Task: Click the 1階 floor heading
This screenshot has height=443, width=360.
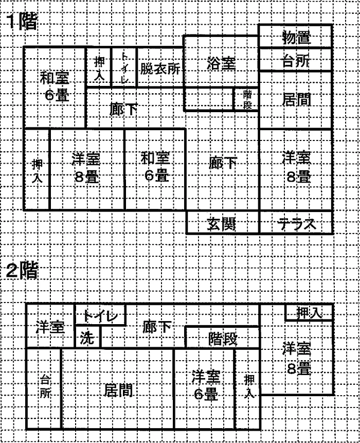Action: [x=23, y=22]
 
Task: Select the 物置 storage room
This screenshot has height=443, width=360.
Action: [x=295, y=36]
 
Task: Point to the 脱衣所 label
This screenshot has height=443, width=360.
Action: [x=160, y=68]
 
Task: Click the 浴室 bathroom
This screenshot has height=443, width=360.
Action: [x=221, y=61]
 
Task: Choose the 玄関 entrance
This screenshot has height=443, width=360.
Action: [x=223, y=222]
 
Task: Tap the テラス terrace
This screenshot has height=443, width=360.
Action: [x=296, y=222]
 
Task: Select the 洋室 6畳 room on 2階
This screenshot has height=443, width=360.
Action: [x=204, y=388]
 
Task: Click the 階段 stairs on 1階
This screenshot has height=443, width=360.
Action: [x=246, y=99]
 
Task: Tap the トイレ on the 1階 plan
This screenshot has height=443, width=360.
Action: [x=124, y=67]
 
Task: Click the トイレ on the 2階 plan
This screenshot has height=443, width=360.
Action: [x=100, y=315]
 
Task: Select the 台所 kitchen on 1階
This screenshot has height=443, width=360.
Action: [x=295, y=60]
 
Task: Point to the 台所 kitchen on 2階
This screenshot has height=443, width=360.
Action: [x=44, y=388]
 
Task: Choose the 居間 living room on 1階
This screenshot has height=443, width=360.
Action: [x=295, y=100]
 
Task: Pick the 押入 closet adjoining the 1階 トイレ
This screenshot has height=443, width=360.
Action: [x=99, y=67]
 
